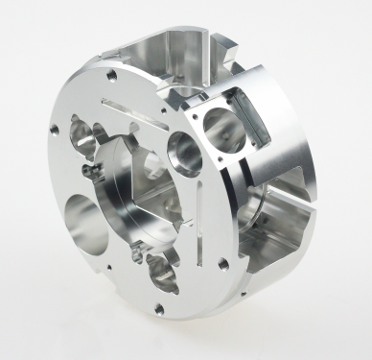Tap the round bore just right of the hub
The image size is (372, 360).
184,152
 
